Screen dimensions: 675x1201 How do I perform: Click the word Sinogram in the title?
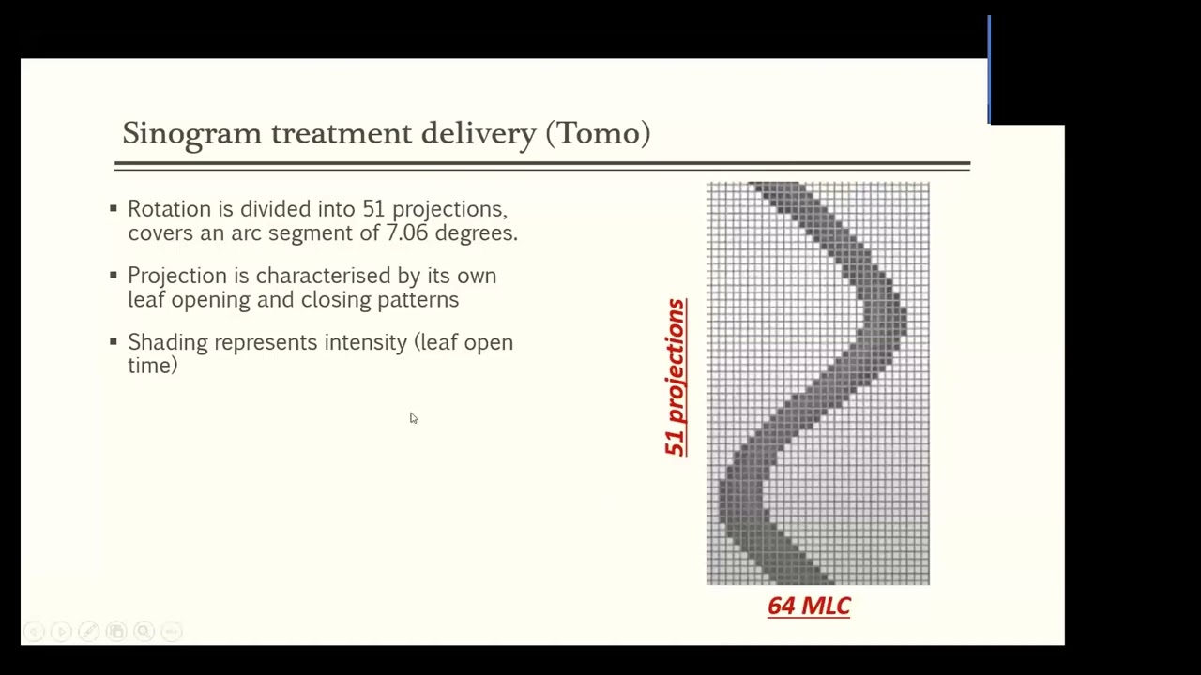191,134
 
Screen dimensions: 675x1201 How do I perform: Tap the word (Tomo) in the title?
598,133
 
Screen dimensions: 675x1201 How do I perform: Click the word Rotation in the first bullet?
169,209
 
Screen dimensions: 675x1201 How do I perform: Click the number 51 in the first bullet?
373,209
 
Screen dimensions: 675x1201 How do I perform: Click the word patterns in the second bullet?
418,300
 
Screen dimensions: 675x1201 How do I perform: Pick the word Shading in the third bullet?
168,343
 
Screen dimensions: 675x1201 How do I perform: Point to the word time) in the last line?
152,366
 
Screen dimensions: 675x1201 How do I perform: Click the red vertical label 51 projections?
675,377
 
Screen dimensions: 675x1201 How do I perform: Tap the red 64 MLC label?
809,607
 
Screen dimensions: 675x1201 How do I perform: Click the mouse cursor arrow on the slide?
413,418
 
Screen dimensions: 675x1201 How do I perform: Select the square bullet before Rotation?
114,208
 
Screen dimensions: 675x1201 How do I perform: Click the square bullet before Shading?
114,341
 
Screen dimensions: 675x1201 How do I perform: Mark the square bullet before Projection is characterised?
114,275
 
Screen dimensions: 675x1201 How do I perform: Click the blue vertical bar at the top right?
989,69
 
